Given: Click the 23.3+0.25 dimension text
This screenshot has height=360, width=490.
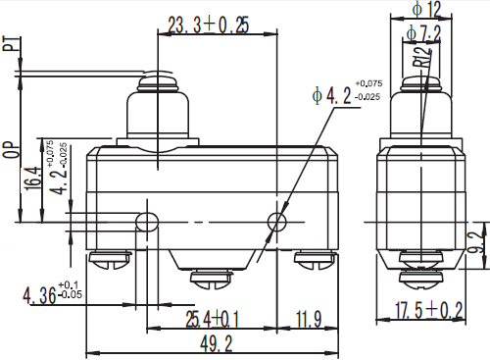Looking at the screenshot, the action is point(209,25).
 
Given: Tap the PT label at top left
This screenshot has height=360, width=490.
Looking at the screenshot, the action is point(10,43).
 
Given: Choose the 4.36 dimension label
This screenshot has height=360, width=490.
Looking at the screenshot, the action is point(52,293).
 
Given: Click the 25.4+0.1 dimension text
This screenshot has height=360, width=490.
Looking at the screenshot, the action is point(213,319).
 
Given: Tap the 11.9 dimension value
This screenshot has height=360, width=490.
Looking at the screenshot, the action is point(309,319).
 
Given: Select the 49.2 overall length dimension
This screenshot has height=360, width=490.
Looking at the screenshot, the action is point(217,343).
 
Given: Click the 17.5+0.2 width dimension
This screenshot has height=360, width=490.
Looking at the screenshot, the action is point(429,310).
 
